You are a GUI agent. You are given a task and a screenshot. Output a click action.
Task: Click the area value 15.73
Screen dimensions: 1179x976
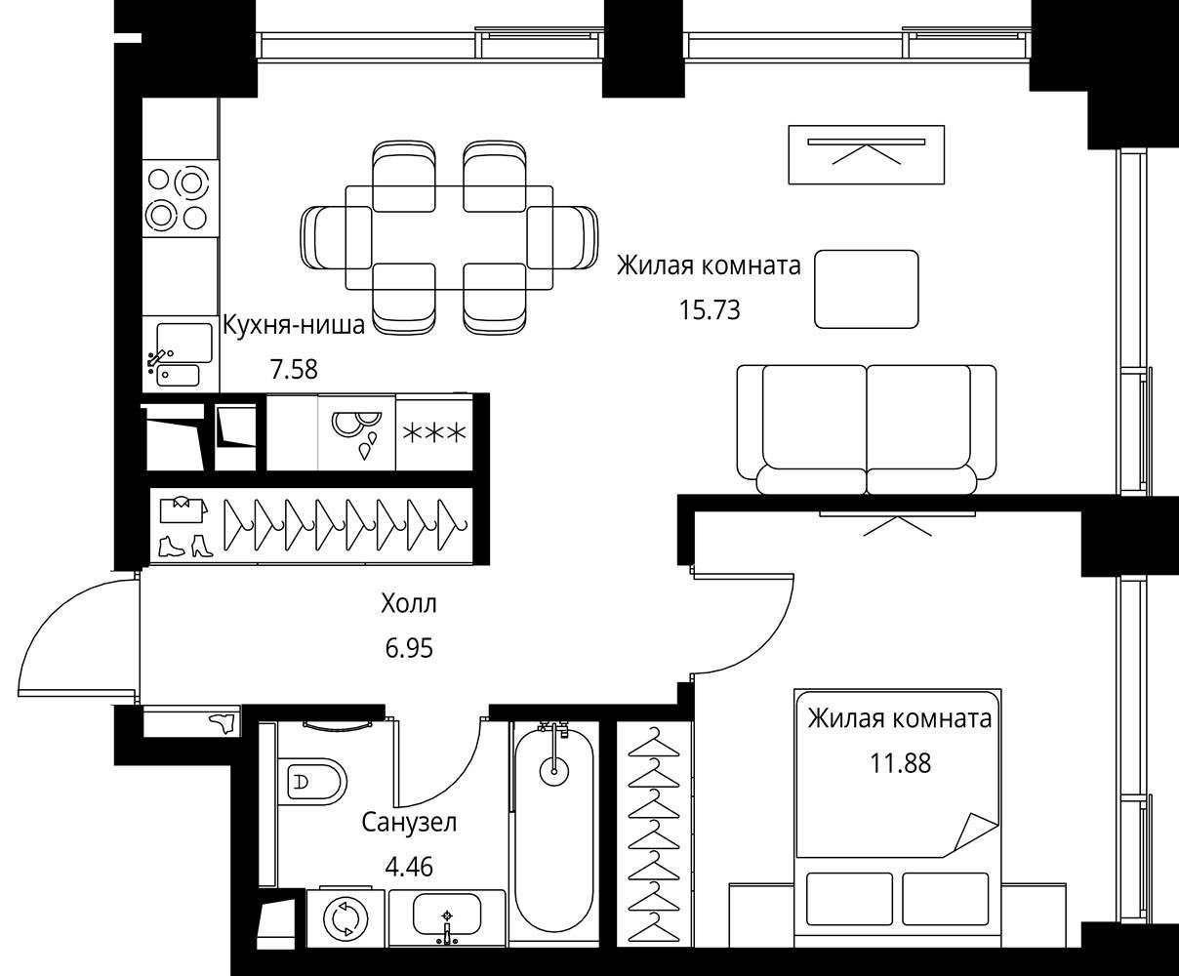pos(710,310)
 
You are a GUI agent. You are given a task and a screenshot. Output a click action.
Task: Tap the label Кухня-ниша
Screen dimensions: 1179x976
pos(294,326)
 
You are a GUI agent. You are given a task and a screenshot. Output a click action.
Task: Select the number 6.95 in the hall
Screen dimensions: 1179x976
pos(409,648)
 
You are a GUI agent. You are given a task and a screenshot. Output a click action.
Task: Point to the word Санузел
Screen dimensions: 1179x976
pos(409,823)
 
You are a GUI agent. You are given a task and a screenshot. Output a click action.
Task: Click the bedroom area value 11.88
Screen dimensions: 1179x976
pos(900,763)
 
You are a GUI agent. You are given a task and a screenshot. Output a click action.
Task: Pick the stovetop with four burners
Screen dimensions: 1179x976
pos(181,198)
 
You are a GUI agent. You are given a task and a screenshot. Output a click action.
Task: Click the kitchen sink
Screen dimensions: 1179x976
pos(181,354)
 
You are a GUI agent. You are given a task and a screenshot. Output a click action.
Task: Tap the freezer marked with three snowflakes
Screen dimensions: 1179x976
pos(434,433)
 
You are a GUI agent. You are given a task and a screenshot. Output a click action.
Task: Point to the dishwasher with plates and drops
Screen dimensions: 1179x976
pos(357,433)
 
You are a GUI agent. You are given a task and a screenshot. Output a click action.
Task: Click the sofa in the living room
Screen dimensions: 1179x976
pos(867,429)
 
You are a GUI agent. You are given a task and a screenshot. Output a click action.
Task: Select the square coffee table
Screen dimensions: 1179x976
pos(866,289)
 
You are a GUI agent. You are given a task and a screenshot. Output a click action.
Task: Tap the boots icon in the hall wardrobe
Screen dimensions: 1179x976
pos(185,547)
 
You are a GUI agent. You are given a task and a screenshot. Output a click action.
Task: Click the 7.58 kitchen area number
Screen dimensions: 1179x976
pos(294,369)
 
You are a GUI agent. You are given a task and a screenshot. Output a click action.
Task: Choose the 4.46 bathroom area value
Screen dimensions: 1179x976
pos(409,867)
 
